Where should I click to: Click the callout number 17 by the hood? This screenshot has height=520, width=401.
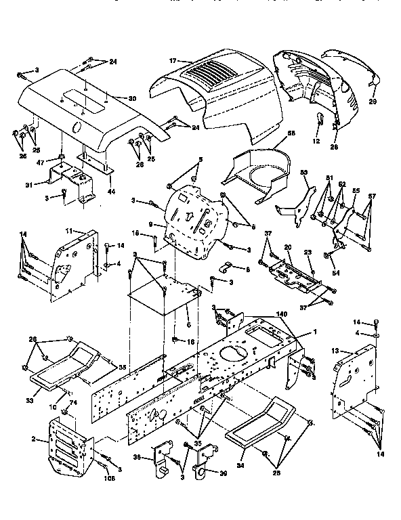(173, 61)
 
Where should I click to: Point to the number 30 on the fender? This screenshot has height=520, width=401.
(132, 98)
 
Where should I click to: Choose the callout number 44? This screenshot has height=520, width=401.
(112, 192)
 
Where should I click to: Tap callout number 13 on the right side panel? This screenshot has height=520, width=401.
(335, 351)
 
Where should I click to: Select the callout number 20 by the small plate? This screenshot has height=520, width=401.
(287, 248)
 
